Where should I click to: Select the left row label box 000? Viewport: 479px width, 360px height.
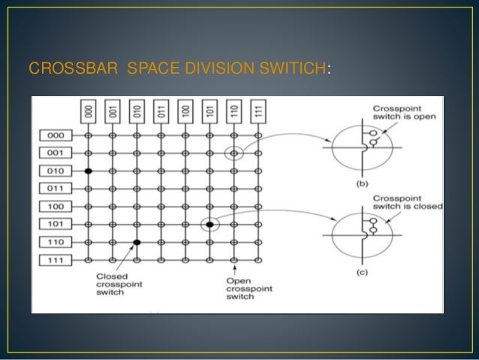point(55,136)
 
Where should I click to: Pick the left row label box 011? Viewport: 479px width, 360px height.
point(55,189)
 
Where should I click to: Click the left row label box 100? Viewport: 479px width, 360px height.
point(55,206)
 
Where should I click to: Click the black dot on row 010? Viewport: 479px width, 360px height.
point(88,171)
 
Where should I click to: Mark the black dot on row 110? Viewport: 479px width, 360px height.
point(137,242)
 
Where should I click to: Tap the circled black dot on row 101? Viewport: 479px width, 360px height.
point(210,224)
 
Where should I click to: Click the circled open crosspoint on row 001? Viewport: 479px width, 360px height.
point(233,154)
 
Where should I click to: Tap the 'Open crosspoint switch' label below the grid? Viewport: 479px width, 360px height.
point(249,289)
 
